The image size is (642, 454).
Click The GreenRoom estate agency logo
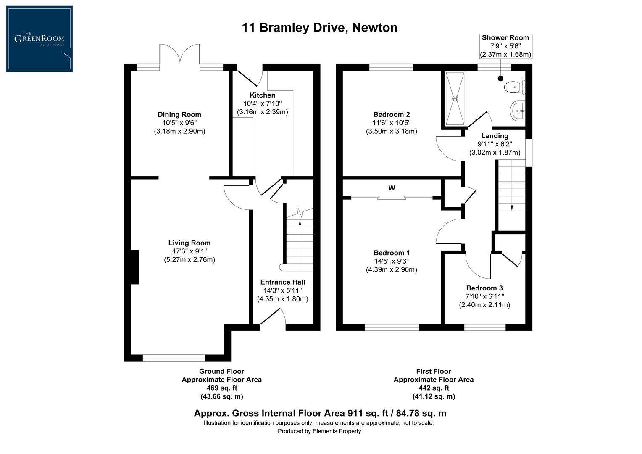point(39,39)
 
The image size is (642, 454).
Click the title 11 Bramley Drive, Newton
point(319,28)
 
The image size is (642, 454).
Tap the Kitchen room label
point(262,95)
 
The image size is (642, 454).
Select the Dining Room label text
point(179,114)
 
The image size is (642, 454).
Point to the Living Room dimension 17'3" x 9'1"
point(189,251)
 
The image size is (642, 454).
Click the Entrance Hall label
point(282,282)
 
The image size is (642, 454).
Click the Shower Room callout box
point(505,46)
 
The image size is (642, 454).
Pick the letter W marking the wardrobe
point(392,188)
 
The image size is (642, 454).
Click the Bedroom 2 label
point(391,114)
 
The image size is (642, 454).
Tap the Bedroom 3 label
point(484,288)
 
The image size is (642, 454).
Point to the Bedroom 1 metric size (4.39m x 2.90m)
point(391,270)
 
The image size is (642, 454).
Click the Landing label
point(495,136)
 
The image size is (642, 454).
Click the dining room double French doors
point(180,55)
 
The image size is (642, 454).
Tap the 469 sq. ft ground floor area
point(221,388)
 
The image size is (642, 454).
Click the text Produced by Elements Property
point(319,431)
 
